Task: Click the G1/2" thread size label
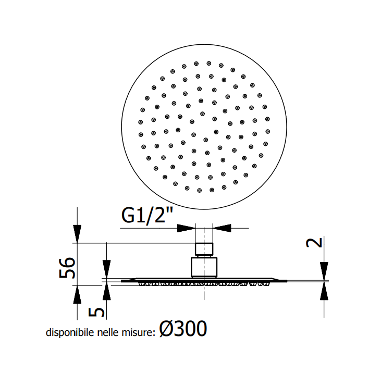pos(146,215)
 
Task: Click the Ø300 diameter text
pos(183,329)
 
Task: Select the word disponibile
pos(70,333)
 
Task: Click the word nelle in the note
pos(107,333)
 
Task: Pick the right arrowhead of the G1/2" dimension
pos(222,228)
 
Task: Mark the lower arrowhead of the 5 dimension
pos(106,293)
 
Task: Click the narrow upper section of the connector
pos(204,249)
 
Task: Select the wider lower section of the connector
pos(204,266)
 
